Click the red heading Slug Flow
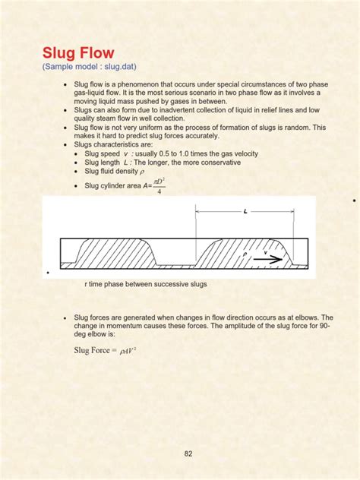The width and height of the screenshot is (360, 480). pyautogui.click(x=78, y=54)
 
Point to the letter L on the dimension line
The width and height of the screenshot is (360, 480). pyautogui.click(x=246, y=212)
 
